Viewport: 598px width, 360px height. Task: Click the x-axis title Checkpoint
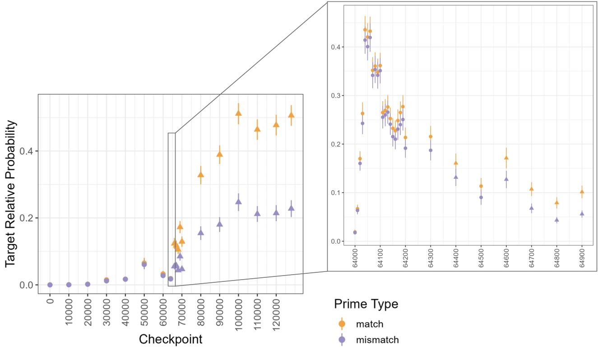(x=170, y=339)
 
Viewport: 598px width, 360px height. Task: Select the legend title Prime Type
(x=366, y=304)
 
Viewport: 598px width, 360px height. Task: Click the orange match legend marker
(x=342, y=324)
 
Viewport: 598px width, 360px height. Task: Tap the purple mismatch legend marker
(x=342, y=340)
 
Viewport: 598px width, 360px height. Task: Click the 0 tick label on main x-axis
(x=50, y=301)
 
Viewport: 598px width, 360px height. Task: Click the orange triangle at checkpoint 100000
(x=238, y=113)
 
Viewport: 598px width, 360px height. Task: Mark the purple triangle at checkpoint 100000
(x=238, y=201)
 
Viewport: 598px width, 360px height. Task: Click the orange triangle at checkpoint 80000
(x=201, y=174)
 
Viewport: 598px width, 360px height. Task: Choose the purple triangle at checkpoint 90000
(x=219, y=224)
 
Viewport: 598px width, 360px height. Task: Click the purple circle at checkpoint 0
(x=50, y=285)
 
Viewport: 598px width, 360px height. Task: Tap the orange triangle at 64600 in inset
(x=506, y=158)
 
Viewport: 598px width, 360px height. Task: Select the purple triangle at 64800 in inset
(x=557, y=220)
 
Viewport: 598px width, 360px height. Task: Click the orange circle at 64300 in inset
(x=431, y=136)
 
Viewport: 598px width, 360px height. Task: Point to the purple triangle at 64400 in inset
(x=456, y=177)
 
